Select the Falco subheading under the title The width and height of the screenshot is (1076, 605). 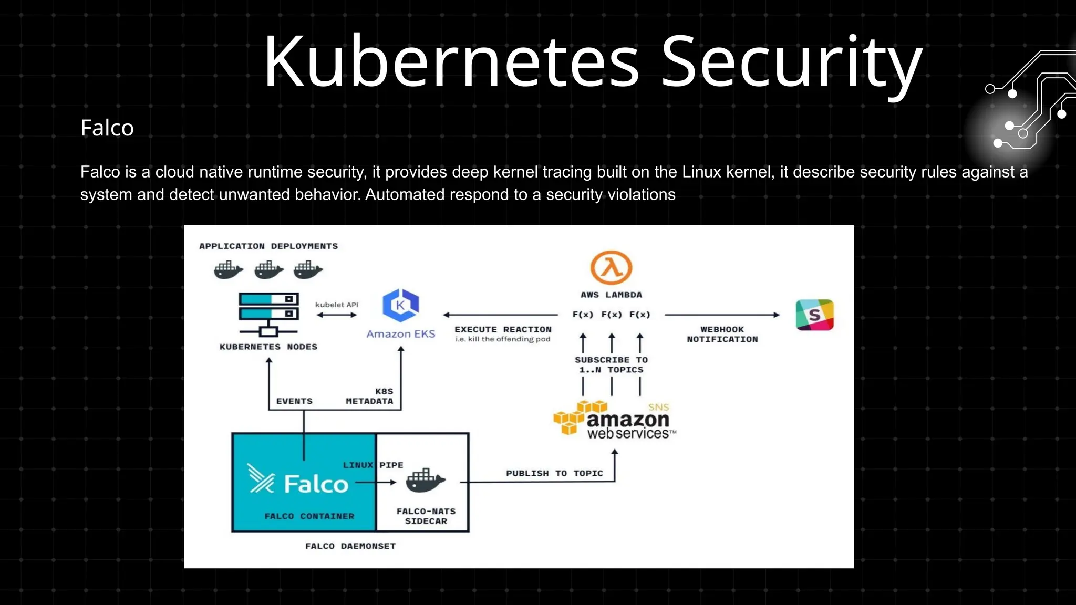(x=107, y=128)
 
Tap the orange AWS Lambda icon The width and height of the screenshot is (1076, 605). (x=611, y=267)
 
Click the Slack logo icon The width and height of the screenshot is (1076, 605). (x=814, y=315)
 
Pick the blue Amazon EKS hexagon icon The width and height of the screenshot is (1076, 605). (x=400, y=305)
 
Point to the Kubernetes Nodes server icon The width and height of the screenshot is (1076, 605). (x=268, y=314)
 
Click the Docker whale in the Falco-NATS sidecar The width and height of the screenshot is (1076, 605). (x=425, y=481)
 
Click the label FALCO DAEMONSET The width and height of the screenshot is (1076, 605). (x=350, y=546)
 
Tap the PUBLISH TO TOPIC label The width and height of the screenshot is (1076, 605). (x=554, y=473)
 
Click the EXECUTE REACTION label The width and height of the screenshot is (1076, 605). (x=503, y=329)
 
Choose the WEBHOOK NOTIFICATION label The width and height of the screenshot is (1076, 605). (x=722, y=334)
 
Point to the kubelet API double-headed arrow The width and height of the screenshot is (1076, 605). (x=337, y=315)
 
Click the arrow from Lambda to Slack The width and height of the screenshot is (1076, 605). (x=722, y=315)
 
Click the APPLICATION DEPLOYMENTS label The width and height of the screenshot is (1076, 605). (x=268, y=246)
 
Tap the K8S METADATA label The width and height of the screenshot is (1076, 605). (x=370, y=396)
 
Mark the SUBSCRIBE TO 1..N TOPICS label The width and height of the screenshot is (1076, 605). (x=611, y=364)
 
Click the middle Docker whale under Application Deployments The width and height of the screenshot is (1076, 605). (x=268, y=270)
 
